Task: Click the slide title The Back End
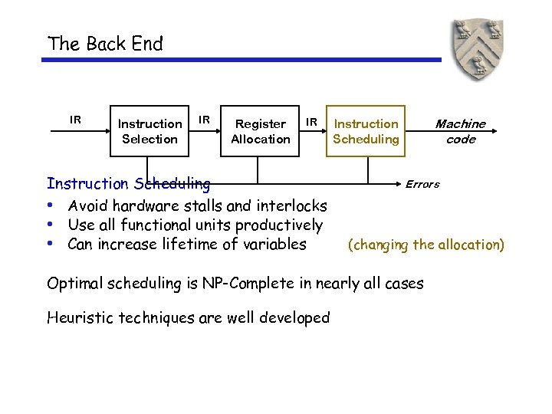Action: click(105, 44)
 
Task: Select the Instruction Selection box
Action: click(149, 131)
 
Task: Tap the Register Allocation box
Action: click(261, 131)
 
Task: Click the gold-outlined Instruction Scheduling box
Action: click(366, 131)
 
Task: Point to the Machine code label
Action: click(460, 131)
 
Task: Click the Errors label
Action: click(422, 184)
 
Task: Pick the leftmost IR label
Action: click(75, 120)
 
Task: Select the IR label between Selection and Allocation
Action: click(205, 120)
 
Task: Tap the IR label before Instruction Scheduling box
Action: click(311, 120)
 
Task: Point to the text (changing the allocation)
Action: click(426, 245)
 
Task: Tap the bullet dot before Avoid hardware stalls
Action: click(49, 205)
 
